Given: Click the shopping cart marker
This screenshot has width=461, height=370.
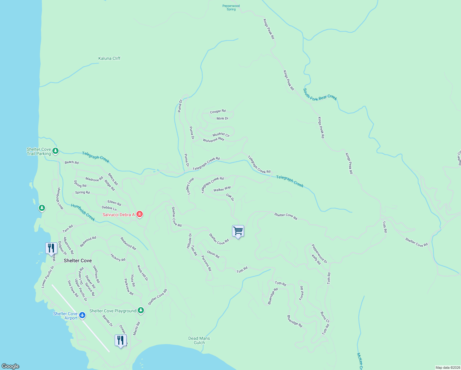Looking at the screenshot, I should (238, 231).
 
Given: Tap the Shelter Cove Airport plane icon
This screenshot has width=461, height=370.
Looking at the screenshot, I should (82, 315).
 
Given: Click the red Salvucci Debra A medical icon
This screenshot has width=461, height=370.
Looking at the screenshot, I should (139, 214).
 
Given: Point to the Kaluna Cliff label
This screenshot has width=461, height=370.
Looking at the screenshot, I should (109, 58).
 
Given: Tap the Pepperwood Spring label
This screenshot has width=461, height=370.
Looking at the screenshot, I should (231, 8).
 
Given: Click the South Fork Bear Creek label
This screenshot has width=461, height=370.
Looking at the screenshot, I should (320, 94).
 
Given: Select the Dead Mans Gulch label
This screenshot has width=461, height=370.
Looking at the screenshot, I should (199, 340).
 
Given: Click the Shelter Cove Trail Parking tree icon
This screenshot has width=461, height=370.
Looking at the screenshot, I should (55, 151).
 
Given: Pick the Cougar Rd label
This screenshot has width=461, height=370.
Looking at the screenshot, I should (218, 111).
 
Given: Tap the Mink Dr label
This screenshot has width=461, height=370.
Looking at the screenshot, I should (222, 118).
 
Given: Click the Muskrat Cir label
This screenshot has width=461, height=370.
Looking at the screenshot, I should (221, 135).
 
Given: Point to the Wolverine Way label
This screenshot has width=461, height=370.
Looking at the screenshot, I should (214, 140).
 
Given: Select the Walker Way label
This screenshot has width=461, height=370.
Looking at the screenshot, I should (222, 189).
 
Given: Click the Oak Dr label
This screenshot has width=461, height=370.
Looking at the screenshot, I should (230, 197).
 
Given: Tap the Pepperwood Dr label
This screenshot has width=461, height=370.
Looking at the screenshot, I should (320, 254).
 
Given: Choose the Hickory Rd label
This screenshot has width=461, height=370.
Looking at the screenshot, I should (118, 257).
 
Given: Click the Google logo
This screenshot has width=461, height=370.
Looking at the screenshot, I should (10, 366).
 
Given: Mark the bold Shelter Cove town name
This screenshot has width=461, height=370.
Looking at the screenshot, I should (78, 261).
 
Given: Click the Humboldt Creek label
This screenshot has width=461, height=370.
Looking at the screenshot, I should (83, 212).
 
